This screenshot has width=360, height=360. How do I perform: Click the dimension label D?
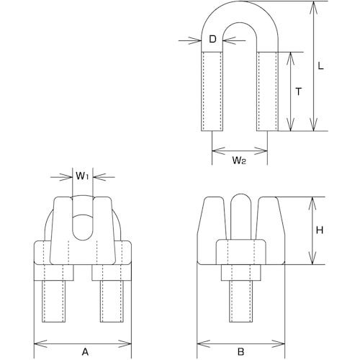212,40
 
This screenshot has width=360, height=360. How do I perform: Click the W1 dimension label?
82,175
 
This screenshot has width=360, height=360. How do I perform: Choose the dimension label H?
319,231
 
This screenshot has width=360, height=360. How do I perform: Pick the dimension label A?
84,332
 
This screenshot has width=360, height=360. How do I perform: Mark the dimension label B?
242,332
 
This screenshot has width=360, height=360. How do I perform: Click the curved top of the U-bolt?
241,16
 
